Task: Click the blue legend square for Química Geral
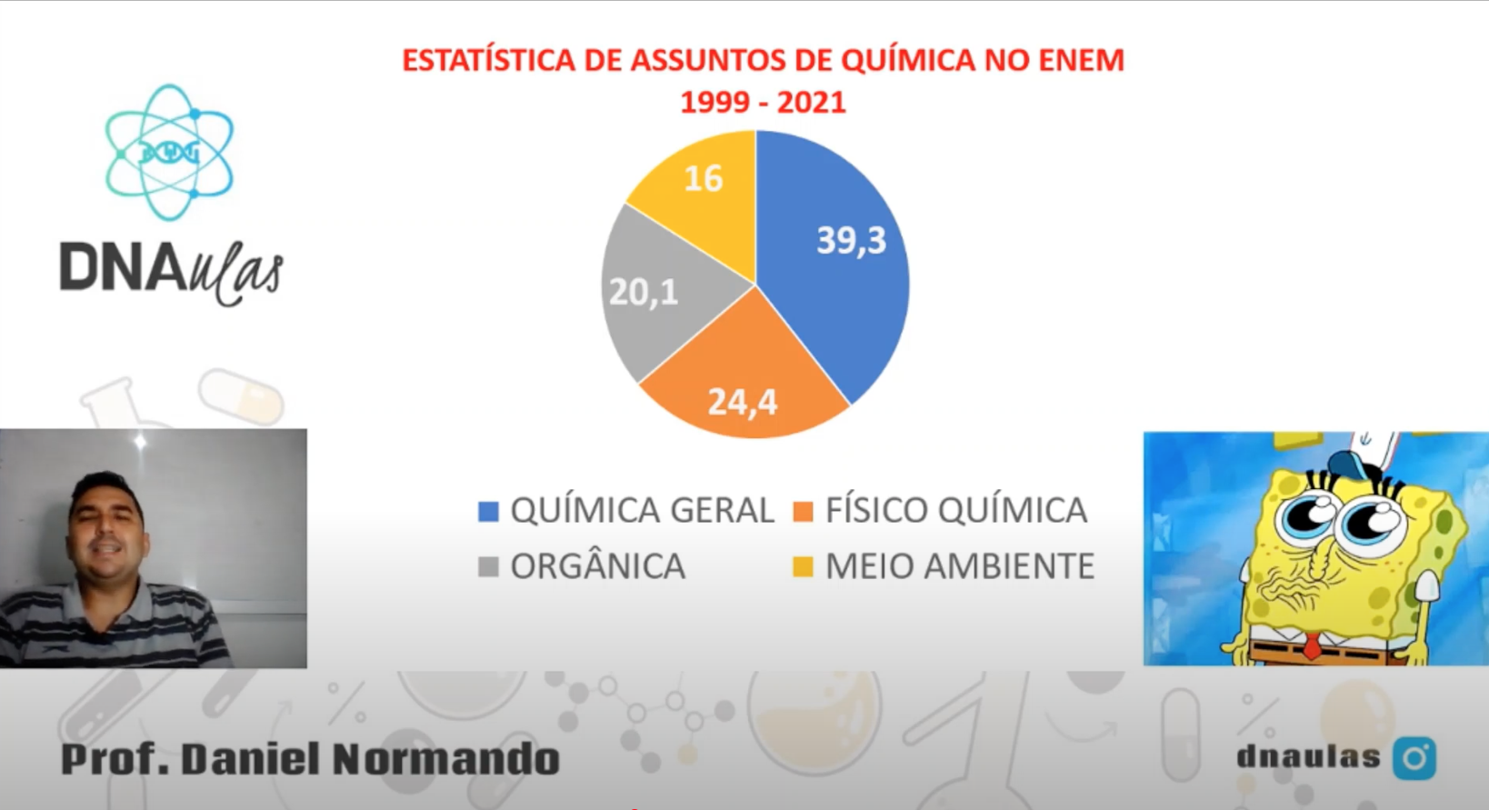coord(488,511)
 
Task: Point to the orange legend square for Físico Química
coord(803,511)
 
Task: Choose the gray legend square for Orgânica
coord(488,567)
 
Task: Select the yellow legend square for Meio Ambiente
coord(803,567)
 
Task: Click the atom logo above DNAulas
coord(169,153)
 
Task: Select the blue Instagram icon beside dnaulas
coord(1414,758)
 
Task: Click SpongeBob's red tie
coord(1312,646)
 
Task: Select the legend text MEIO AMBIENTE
coord(959,566)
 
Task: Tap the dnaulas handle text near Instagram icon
coord(1308,757)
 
